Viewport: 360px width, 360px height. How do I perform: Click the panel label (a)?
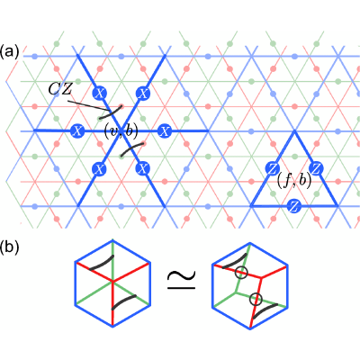click(10, 52)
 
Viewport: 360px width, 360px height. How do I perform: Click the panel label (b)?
click(10, 247)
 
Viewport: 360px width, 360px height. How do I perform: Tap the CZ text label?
click(60, 89)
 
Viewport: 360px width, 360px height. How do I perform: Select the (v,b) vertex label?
click(121, 131)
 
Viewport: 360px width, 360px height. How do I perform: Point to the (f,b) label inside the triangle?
click(293, 181)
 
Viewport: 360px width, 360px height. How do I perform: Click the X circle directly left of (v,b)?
click(77, 131)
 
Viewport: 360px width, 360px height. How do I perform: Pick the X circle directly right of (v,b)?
click(164, 131)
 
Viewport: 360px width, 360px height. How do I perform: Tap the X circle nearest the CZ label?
click(99, 94)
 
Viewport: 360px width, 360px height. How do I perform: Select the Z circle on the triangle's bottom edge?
click(293, 206)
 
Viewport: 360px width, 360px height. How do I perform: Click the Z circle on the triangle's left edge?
click(273, 169)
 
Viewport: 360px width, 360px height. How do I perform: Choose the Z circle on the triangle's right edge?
click(316, 168)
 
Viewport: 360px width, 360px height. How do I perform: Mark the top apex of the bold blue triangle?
click(294, 131)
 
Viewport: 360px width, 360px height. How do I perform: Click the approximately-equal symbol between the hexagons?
click(181, 280)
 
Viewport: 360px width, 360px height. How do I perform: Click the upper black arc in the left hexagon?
click(102, 262)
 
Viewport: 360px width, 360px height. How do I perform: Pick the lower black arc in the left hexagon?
click(124, 302)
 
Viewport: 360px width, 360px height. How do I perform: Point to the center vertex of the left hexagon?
click(112, 282)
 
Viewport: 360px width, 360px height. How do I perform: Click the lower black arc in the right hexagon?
click(265, 310)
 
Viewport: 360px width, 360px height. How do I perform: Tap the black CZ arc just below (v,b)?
click(132, 150)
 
